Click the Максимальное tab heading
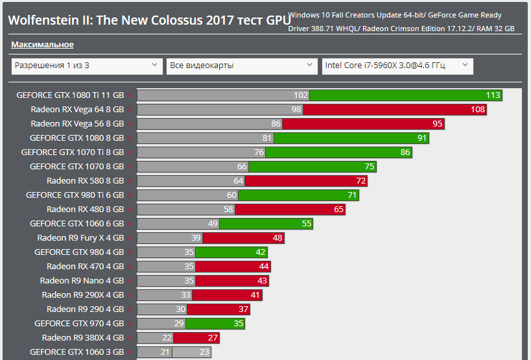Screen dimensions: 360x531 [42, 45]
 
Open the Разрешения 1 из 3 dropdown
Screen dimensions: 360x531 [87, 66]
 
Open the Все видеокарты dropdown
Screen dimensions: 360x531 [242, 66]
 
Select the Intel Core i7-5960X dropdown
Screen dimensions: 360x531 [397, 66]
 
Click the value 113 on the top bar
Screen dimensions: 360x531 [493, 95]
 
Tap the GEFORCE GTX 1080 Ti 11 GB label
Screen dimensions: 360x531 [70, 95]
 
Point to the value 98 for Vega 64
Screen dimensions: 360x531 [297, 110]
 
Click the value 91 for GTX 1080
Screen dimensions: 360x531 [422, 138]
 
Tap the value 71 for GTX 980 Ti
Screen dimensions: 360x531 [353, 195]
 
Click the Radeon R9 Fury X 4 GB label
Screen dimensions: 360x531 [80, 238]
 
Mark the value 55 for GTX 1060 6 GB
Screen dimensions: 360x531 [307, 224]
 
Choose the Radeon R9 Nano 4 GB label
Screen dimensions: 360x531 [82, 281]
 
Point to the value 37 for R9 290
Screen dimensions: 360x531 [244, 309]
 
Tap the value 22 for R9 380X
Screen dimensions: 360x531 [167, 338]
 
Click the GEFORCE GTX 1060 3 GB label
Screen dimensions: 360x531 [77, 352]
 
